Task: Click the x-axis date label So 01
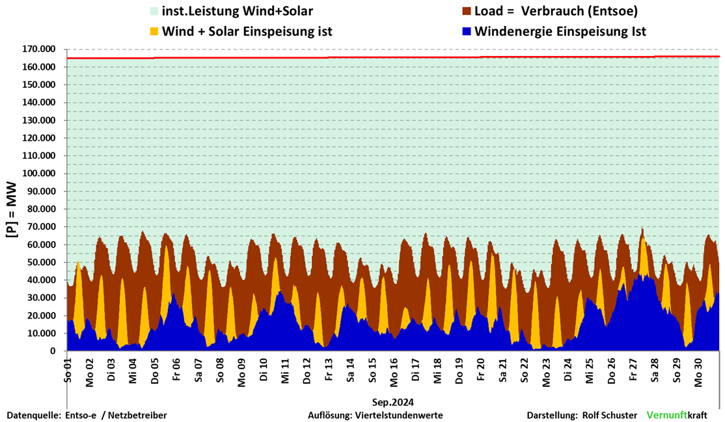[x=68, y=370]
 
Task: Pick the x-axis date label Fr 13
[x=329, y=370]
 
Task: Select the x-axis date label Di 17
[x=416, y=370]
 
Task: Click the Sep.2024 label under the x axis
[x=393, y=402]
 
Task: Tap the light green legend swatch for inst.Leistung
[x=154, y=11]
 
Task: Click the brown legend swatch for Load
[x=467, y=11]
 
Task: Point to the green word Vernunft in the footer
[x=667, y=415]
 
